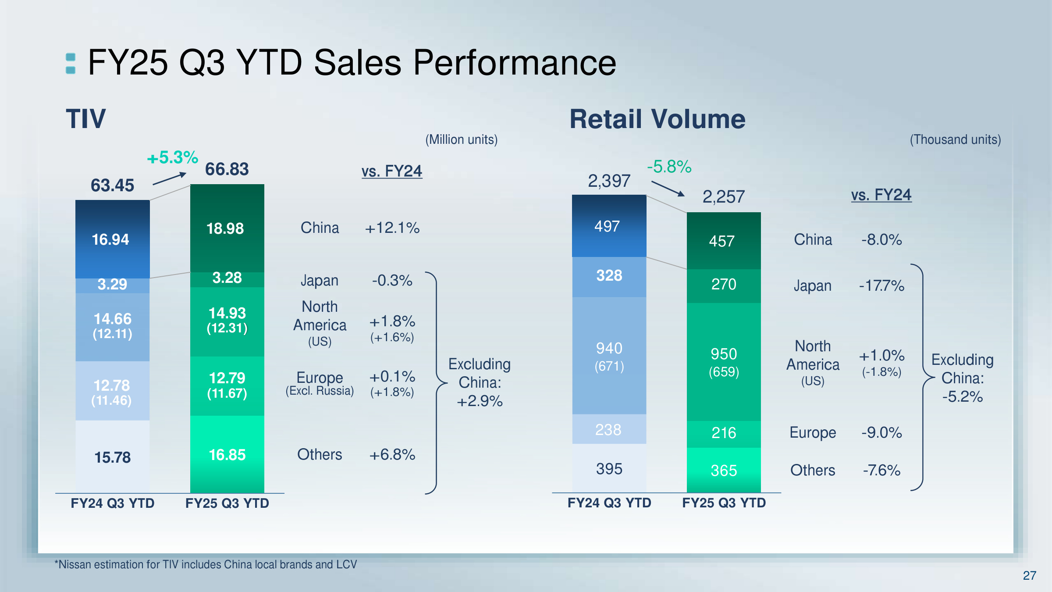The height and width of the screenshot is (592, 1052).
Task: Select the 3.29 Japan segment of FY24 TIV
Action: coord(112,285)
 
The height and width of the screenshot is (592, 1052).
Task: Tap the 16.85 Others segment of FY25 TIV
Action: coord(227,455)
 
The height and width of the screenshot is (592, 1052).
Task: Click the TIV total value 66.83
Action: coord(227,169)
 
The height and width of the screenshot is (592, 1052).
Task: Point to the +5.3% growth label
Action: coord(172,158)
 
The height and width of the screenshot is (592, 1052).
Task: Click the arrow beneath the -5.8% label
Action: coord(668,189)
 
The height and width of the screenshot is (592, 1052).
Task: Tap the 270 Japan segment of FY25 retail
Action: coord(724,285)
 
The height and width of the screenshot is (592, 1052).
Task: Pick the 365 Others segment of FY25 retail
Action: coord(724,471)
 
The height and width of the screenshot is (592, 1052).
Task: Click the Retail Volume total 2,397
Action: coord(609,181)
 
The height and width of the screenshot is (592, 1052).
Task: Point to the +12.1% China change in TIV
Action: coord(392,228)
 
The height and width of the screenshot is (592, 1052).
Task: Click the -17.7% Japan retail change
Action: coord(881,286)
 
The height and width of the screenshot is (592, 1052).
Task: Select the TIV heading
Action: coord(86,119)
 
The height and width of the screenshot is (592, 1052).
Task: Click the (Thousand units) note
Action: coord(955,140)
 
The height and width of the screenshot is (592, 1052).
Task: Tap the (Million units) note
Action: coord(462,140)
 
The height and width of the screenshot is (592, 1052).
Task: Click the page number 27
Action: coord(1029,575)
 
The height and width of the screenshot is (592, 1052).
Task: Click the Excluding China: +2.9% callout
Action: coord(480,383)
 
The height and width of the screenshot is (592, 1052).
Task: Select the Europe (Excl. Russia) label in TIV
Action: coord(320,383)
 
